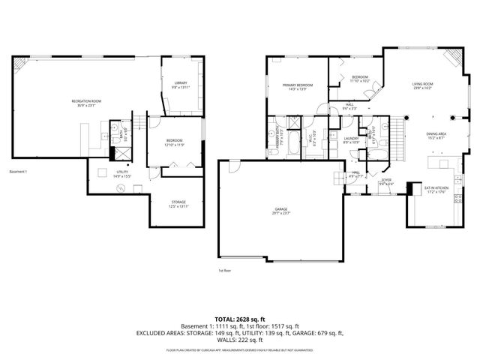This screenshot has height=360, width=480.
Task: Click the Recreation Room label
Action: pyautogui.click(x=86, y=102)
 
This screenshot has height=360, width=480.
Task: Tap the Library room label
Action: pyautogui.click(x=181, y=85)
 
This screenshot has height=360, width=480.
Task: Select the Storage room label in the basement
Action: pyautogui.click(x=178, y=204)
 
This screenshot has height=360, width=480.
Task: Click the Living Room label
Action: pyautogui.click(x=421, y=85)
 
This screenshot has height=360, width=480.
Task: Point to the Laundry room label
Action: pyautogui.click(x=351, y=139)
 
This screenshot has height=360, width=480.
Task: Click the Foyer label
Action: pyautogui.click(x=386, y=181)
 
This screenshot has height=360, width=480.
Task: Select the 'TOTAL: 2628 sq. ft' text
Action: pyautogui.click(x=239, y=318)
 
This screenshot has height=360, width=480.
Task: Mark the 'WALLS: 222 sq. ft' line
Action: pyautogui.click(x=239, y=339)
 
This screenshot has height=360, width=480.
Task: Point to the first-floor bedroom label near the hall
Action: pyautogui.click(x=360, y=79)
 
